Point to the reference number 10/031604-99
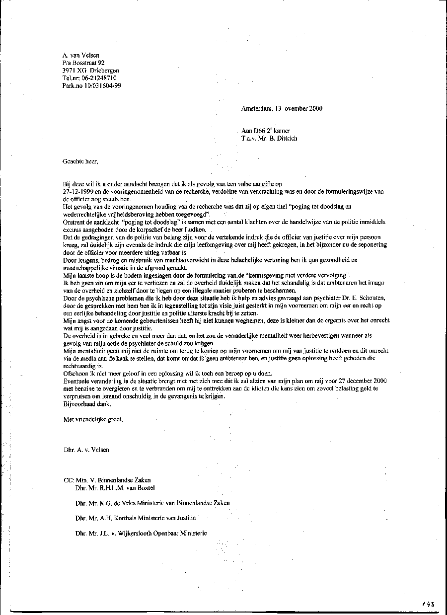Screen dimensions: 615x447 pos(103,85)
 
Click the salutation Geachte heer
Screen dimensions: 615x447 pos(80,161)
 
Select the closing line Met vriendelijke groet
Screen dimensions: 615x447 pos(93,419)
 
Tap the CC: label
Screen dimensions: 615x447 pos(69,480)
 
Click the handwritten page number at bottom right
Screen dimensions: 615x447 pos(428,604)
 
